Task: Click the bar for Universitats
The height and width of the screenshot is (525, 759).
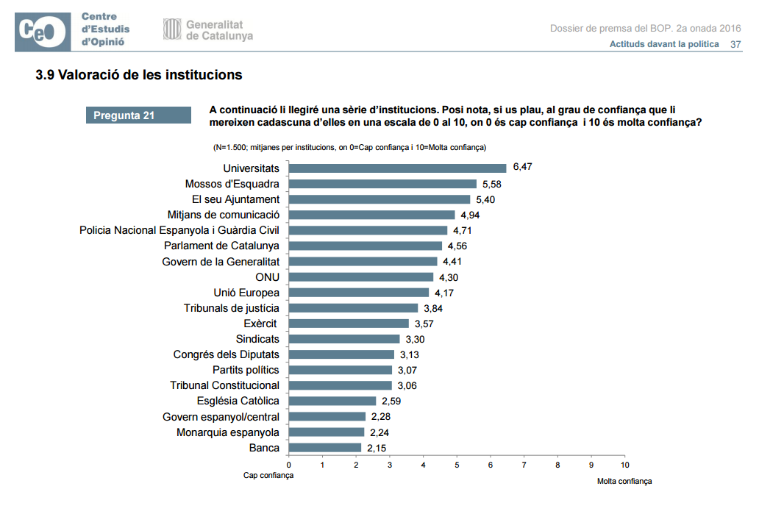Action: coord(397,168)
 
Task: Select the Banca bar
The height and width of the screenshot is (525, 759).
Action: coord(325,448)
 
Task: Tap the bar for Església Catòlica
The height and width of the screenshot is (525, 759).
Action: coord(332,401)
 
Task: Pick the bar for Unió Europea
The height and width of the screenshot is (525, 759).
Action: coord(359,293)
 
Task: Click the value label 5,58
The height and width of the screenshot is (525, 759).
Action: coord(492,185)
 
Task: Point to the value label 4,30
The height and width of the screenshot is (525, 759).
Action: coord(449,278)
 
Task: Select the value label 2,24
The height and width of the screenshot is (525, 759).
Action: coord(379,432)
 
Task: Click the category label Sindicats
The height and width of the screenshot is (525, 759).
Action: coord(257,339)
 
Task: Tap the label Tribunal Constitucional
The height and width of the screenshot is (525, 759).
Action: coord(224,385)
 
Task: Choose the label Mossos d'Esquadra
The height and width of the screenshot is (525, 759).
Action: coord(232,184)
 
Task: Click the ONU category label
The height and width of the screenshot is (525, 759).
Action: coord(268,277)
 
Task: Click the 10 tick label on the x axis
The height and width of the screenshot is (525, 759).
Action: coord(625,465)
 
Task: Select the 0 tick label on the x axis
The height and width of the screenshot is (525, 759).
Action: coord(289,465)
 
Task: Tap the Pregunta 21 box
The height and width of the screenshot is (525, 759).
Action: coord(138,115)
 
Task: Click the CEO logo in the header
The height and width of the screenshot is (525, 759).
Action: coord(43,32)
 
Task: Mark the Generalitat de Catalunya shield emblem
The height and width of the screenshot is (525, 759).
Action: coord(172,29)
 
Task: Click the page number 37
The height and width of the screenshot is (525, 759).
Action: coord(735,45)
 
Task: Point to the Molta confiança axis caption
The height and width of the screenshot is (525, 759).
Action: coord(624,481)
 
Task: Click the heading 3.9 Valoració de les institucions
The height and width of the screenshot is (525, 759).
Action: coord(139,75)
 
